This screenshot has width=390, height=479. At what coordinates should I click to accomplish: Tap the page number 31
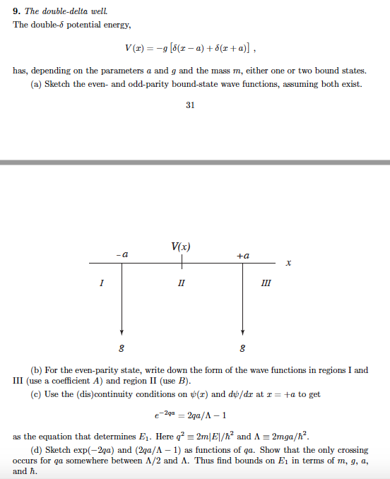coord(190,105)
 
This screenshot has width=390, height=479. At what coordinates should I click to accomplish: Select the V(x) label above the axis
coord(181,247)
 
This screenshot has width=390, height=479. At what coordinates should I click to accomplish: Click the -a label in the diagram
coord(122,253)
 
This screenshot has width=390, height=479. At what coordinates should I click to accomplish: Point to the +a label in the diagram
coord(242,253)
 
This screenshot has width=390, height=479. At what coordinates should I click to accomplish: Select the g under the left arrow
coord(122,348)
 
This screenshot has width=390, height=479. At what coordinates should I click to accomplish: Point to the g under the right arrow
coord(243,348)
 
